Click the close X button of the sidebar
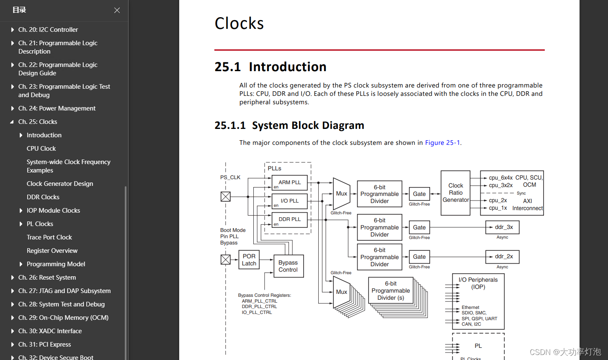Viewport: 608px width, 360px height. coord(117,10)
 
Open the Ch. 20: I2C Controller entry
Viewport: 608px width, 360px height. coord(48,30)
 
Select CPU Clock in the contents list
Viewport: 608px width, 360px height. coord(41,149)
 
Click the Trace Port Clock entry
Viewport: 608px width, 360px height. coord(49,237)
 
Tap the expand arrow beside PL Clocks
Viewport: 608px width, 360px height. coord(21,224)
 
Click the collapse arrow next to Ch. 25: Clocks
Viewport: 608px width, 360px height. coord(12,122)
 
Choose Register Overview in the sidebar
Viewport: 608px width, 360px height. coord(52,251)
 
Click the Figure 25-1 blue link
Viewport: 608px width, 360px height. coord(442,143)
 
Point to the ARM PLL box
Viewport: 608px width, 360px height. coord(290,183)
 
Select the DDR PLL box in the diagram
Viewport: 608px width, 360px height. coord(290,219)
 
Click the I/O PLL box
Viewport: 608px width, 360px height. coord(290,201)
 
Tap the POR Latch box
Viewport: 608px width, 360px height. coord(249,260)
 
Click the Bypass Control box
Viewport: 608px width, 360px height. coord(288,266)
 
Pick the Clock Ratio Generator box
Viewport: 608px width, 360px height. coord(456,193)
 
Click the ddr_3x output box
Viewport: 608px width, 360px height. coord(502,227)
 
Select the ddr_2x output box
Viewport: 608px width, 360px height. coord(502,257)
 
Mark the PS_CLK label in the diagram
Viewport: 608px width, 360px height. coord(230,177)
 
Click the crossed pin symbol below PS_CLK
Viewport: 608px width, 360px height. coord(226,196)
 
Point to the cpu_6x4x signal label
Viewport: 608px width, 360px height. coord(500,178)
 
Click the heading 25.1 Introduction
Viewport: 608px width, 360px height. coord(271,67)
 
